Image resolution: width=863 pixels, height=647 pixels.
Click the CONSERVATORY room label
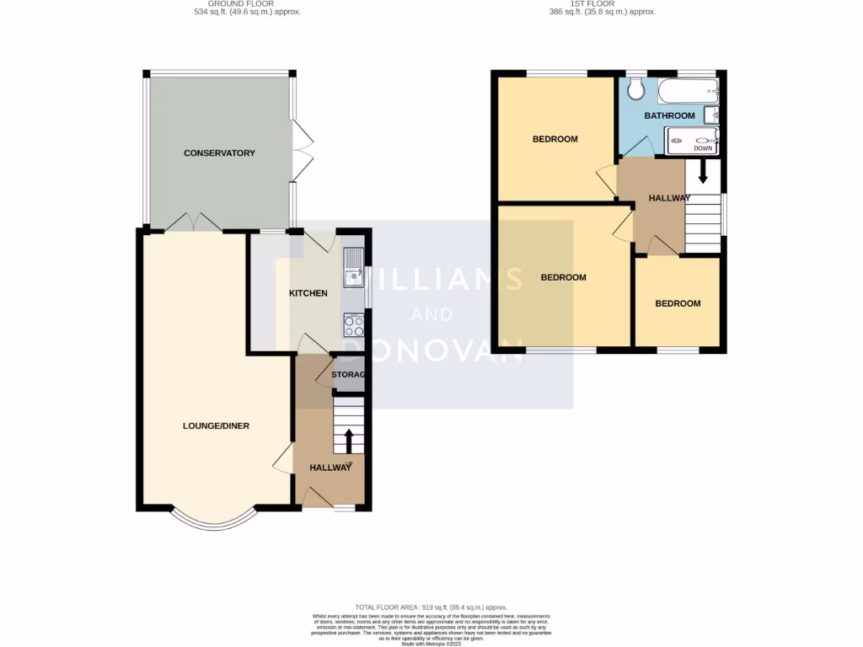[x=219, y=153]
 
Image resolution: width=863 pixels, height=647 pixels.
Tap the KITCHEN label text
[x=308, y=293]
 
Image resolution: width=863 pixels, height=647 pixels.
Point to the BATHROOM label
[x=669, y=115]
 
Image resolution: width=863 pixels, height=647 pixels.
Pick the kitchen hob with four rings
[x=353, y=325]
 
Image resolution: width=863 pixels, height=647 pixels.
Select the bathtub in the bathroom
[x=687, y=90]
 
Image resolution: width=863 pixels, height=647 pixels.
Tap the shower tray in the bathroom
[x=691, y=142]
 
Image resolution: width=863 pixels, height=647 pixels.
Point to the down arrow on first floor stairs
[x=702, y=173]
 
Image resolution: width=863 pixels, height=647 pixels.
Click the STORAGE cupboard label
[x=347, y=375]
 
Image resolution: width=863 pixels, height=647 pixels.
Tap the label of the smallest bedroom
[x=678, y=303]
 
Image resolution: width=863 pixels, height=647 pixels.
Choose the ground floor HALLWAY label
[x=330, y=468]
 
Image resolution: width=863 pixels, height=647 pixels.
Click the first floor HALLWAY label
[x=669, y=198]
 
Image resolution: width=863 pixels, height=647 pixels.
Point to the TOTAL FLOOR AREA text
[x=431, y=607]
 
